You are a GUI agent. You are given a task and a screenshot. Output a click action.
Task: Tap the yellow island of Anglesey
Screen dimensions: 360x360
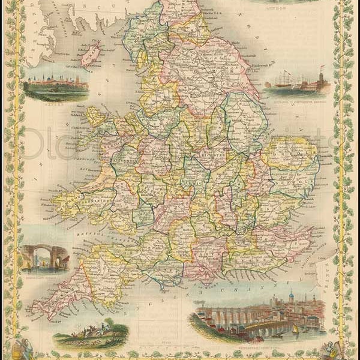tap(96, 116)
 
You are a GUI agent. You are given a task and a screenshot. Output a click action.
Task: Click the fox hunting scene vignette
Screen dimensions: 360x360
tap(90, 333)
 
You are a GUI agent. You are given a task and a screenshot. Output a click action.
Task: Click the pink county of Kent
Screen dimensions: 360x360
tap(282, 240)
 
